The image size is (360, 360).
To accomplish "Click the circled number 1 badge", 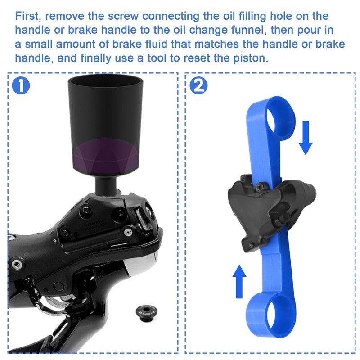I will (x=22, y=86).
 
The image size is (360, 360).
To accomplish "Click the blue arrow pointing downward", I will (x=306, y=137).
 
